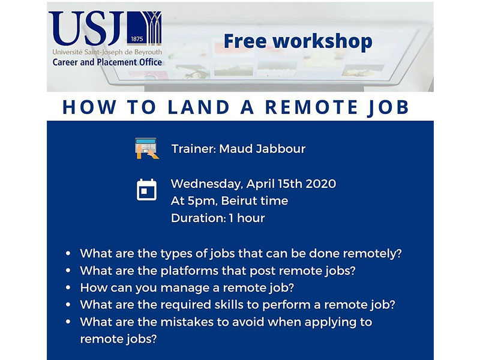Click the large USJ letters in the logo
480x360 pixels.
pos(86,28)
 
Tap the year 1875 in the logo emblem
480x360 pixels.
pos(137,39)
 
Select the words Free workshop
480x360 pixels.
pos(298,41)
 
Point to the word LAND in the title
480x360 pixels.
pos(199,107)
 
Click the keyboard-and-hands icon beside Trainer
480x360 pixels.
pos(146,148)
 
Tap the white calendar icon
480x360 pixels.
pos(146,190)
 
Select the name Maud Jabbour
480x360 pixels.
pos(262,149)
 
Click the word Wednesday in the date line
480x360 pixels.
pos(206,184)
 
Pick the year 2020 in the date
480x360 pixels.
pos(321,184)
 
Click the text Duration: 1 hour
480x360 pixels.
pos(218,218)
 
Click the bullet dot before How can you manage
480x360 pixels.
pos(68,288)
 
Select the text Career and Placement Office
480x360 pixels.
pos(107,62)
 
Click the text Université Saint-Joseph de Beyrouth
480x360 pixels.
pos(107,52)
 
